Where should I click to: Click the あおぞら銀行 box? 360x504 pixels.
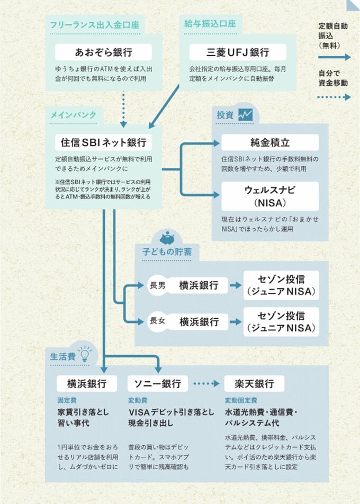(x=104, y=52)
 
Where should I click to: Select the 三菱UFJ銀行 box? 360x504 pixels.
(x=238, y=52)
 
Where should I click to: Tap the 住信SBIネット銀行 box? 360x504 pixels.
(x=104, y=142)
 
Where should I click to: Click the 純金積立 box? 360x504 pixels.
(x=270, y=142)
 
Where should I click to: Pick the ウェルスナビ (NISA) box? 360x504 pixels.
(x=270, y=196)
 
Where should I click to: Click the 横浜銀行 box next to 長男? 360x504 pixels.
(x=199, y=285)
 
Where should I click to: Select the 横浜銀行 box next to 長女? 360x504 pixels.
(x=199, y=321)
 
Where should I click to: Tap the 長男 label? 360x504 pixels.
(x=158, y=285)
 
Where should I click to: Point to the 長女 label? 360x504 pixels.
(x=158, y=321)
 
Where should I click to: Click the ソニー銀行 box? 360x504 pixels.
(x=157, y=383)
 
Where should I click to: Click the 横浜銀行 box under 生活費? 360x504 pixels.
(x=87, y=383)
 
